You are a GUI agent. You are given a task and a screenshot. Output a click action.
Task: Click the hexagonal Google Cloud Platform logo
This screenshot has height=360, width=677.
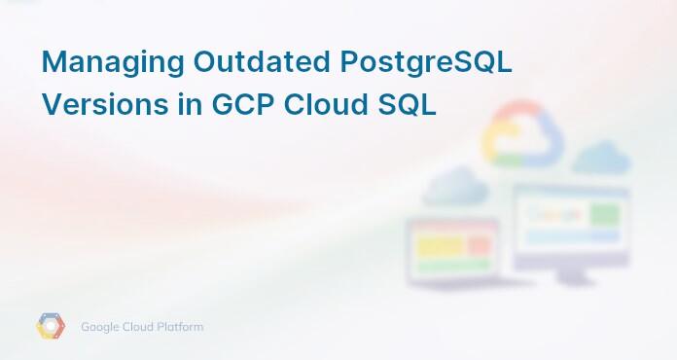[x=51, y=327]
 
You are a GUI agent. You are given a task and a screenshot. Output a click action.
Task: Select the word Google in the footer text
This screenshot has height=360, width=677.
[x=100, y=327]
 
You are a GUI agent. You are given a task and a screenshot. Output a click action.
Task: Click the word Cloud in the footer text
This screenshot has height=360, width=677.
[x=139, y=327]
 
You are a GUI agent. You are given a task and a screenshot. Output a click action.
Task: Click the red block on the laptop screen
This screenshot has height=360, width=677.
[x=480, y=246]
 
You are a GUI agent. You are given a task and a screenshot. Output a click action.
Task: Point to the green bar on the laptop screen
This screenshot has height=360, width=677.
[x=453, y=265]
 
